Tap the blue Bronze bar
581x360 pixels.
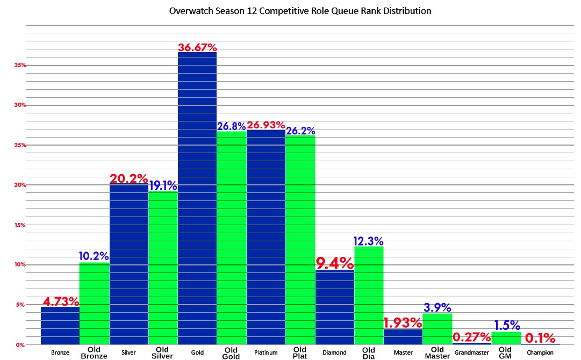pos(60,325)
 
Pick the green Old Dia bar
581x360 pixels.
pos(369,296)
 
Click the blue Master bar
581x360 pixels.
pos(403,337)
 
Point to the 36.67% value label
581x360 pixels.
pos(197,47)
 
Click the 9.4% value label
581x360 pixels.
pos(335,263)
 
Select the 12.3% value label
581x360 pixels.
pos(369,241)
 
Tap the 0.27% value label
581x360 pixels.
pos(472,337)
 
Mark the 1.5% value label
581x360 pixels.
pos(506,325)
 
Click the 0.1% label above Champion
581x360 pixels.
pos(540,338)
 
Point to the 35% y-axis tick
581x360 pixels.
pos(20,65)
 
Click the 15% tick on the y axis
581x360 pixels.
pos(20,225)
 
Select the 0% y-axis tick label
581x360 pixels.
pos(20,344)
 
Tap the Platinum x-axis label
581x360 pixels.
pos(266,352)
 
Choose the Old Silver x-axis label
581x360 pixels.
pos(163,352)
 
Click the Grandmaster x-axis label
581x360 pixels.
pos(471,352)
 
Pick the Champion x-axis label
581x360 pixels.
pos(540,352)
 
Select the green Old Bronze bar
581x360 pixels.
pos(94,303)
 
